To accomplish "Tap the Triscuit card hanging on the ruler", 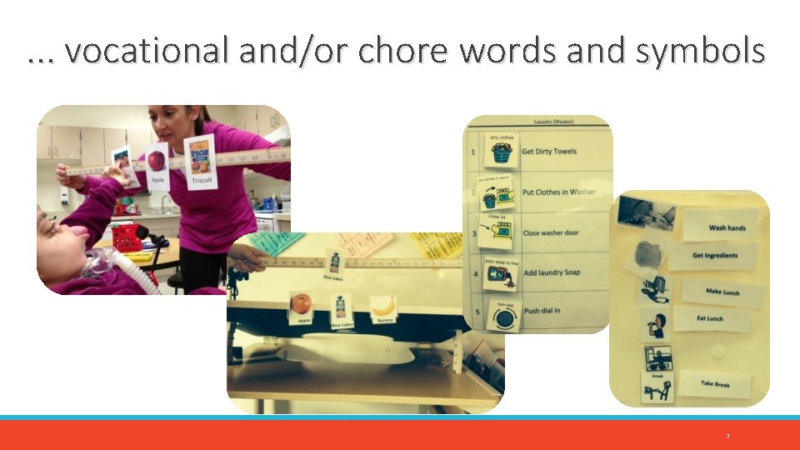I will (200, 162).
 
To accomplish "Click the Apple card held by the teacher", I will (157, 167).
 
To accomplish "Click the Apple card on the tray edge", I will (302, 307).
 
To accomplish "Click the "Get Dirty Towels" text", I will (551, 152).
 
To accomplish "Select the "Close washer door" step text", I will (550, 233).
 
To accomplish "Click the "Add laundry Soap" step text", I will (551, 273).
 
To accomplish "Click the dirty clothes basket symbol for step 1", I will (501, 152).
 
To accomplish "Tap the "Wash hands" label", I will (727, 227).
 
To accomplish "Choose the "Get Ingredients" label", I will (714, 256).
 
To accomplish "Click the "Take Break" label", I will (714, 384).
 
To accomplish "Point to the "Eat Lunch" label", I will (709, 318).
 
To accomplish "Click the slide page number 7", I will (727, 437).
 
